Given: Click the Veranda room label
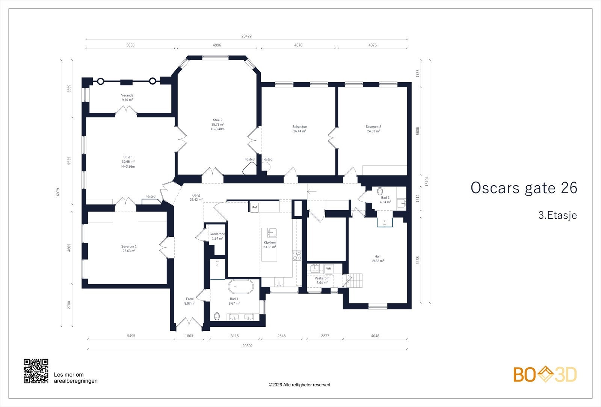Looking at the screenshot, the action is [127, 95].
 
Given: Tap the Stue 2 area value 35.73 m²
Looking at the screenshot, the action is [217, 125].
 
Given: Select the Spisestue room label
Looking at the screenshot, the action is [299, 127].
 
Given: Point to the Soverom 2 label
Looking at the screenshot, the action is [373, 127].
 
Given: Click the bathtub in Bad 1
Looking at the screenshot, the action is [241, 287].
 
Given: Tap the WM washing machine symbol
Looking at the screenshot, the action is [329, 269].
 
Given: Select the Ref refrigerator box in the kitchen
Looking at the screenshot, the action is [254, 207].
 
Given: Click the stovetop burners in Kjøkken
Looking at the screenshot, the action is [297, 255].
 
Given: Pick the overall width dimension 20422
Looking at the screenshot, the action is [246, 36].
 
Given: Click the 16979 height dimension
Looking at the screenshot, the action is [58, 193].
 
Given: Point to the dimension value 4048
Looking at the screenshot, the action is [375, 336].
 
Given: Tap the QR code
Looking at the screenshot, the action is [36, 371].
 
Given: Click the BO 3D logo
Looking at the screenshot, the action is [545, 374].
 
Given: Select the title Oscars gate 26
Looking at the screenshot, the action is [524, 188].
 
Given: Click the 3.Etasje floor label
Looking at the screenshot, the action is [557, 215].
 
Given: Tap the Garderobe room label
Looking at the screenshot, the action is [217, 234].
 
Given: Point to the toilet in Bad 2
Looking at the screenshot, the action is [380, 191].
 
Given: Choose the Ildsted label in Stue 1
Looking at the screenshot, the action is [150, 197].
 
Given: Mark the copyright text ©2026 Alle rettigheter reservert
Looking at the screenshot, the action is [299, 385].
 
